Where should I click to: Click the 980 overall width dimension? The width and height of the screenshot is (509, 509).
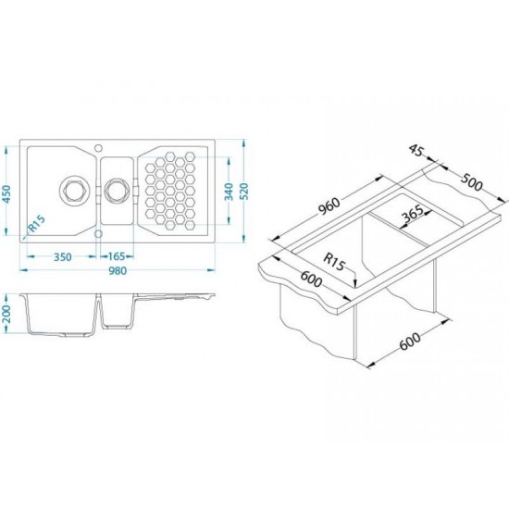(118, 270)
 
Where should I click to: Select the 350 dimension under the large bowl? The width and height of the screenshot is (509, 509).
(63, 257)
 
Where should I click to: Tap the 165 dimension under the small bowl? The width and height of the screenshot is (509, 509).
(117, 256)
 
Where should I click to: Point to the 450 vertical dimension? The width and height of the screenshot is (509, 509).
(6, 194)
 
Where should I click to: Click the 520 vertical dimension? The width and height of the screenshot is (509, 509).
(244, 192)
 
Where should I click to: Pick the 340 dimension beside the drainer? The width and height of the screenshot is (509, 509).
(229, 192)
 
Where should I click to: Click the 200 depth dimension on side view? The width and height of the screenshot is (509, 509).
(6, 314)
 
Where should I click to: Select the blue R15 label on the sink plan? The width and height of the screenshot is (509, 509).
(37, 224)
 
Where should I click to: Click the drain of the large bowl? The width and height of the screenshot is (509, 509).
(75, 190)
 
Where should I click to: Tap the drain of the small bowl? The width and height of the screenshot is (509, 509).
(116, 190)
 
